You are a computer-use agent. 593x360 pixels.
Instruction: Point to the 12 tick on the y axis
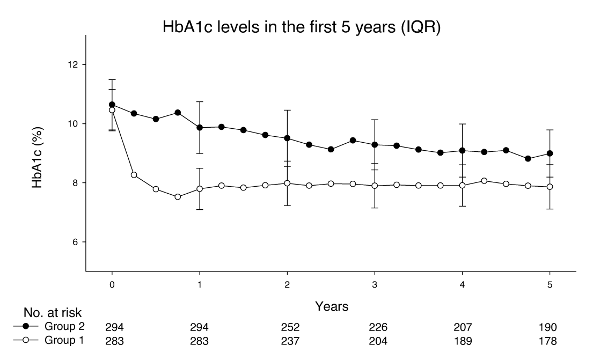[x=73, y=65]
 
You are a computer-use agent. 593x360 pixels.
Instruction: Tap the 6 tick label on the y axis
[x=75, y=242]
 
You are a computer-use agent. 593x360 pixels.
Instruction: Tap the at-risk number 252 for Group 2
[x=287, y=327]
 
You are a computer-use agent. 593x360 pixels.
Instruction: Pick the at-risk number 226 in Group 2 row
[x=375, y=327]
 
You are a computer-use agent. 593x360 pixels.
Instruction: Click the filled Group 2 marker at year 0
[x=112, y=105]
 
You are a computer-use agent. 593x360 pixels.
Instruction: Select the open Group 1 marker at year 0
[x=112, y=110]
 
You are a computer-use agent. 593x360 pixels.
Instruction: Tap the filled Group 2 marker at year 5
[x=550, y=153]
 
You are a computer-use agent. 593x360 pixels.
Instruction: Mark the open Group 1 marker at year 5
[x=550, y=187]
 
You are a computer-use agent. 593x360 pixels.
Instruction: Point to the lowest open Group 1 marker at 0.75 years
[x=178, y=197]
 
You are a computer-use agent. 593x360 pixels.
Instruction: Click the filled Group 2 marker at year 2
[x=287, y=138]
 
